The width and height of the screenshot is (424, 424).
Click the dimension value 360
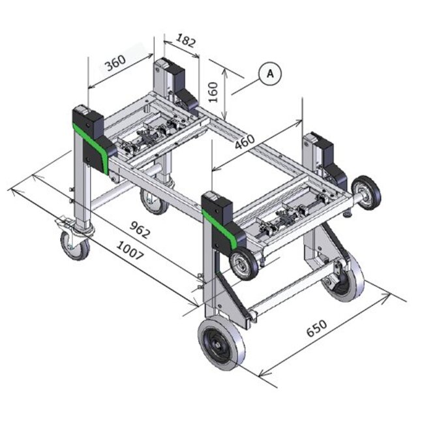115,63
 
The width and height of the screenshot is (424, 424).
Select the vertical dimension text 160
213,92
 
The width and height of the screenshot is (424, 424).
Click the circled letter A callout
270,74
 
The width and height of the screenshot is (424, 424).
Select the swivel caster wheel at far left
74,245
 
